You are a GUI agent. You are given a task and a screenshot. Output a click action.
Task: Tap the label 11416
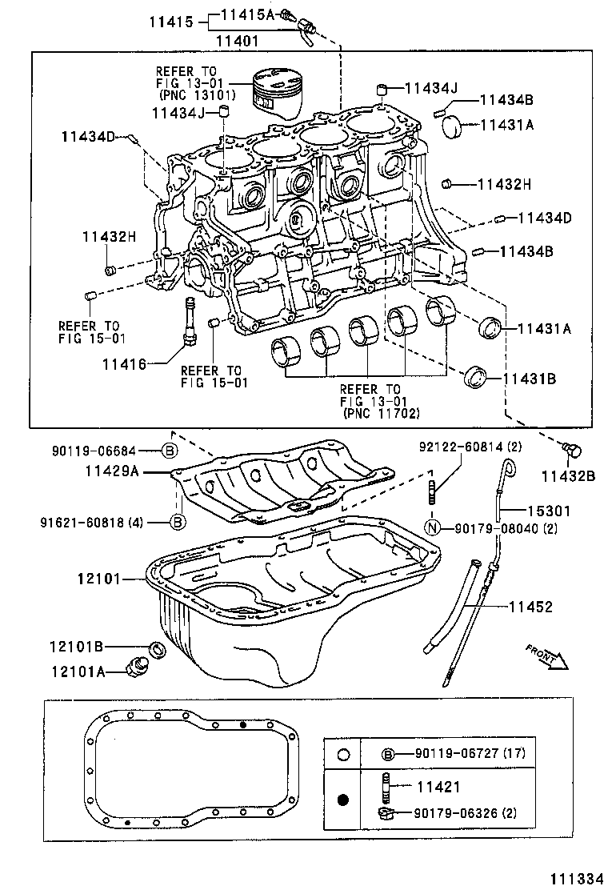tap(124, 364)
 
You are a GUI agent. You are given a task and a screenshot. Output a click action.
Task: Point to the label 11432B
tap(567, 476)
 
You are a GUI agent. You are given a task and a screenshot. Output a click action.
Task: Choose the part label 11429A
tap(112, 472)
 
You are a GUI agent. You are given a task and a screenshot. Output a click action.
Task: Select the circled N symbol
tap(431, 527)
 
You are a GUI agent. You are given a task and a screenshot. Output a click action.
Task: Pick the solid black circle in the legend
tap(343, 799)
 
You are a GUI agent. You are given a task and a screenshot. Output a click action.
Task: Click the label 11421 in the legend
tap(438, 788)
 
